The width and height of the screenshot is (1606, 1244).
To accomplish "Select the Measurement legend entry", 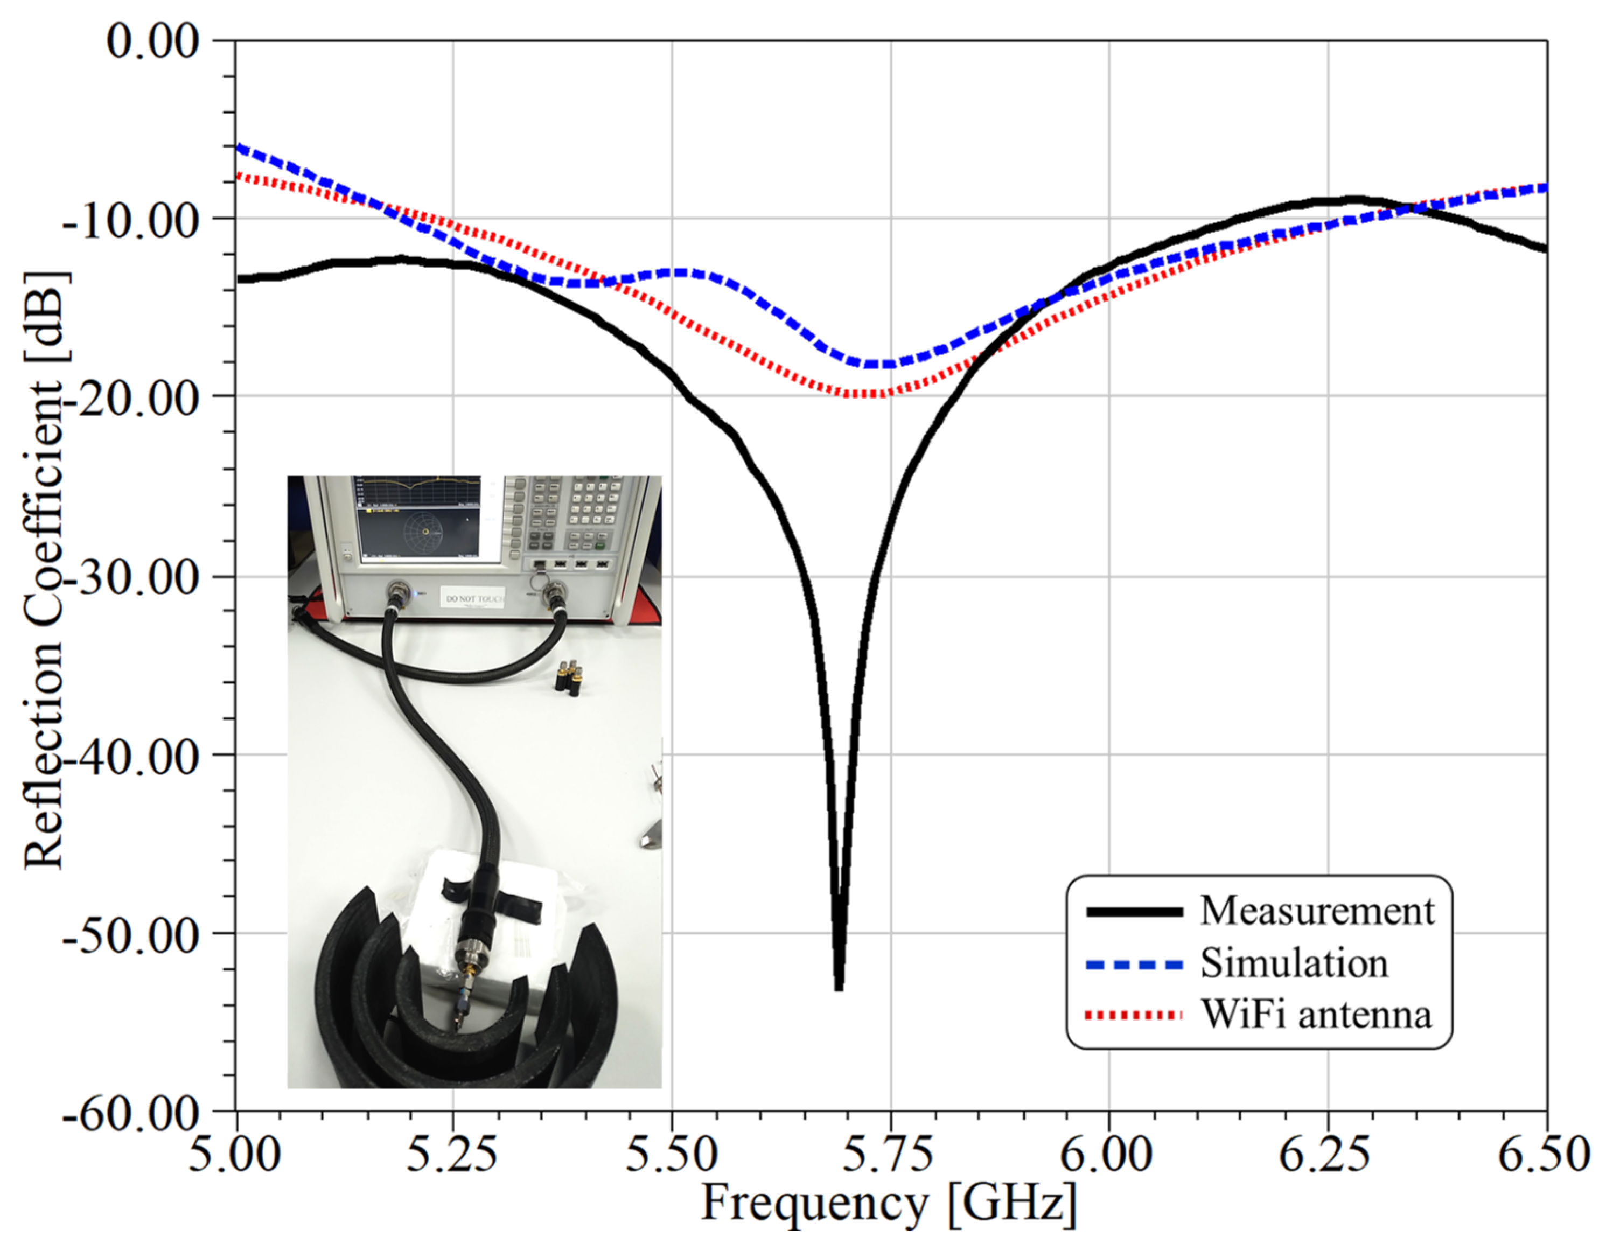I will coord(1316,911).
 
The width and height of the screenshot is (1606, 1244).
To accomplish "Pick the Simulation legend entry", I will coord(1294,963).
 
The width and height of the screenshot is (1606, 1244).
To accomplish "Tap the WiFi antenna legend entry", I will coord(1316,1015).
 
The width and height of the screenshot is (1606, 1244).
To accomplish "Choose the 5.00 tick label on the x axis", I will coord(235,1154).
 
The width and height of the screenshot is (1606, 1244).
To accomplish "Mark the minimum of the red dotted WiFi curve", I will coord(868,395).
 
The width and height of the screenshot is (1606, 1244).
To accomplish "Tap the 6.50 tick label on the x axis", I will coord(1544,1154).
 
